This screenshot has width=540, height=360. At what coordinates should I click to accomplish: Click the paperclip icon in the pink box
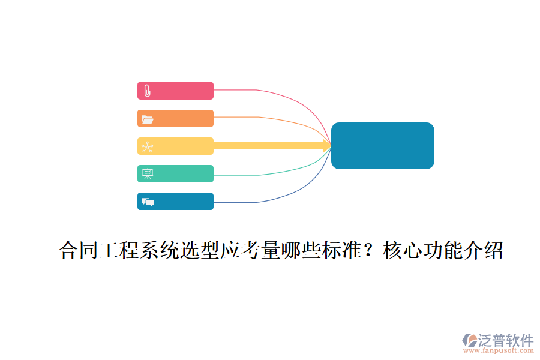147,91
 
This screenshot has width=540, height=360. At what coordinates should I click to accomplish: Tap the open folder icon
148,119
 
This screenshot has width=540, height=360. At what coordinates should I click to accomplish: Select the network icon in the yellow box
148,147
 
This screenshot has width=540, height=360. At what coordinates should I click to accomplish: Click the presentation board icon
148,173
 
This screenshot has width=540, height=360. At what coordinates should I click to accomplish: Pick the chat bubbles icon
148,202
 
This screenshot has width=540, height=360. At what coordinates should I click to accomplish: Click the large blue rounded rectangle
383,146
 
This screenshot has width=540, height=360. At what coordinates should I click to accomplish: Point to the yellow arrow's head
327,146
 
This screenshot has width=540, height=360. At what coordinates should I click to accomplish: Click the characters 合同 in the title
79,250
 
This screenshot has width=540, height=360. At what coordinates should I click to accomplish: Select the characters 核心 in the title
403,250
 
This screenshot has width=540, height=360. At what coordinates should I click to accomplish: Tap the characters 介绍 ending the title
483,250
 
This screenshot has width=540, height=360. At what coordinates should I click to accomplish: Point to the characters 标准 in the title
341,250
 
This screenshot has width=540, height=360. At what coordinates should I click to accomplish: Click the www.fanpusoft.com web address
498,350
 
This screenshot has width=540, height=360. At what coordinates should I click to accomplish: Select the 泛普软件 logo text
506,340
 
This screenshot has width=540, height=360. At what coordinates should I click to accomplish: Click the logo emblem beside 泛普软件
469,340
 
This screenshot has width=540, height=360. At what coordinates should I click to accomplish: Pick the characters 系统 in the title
160,250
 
